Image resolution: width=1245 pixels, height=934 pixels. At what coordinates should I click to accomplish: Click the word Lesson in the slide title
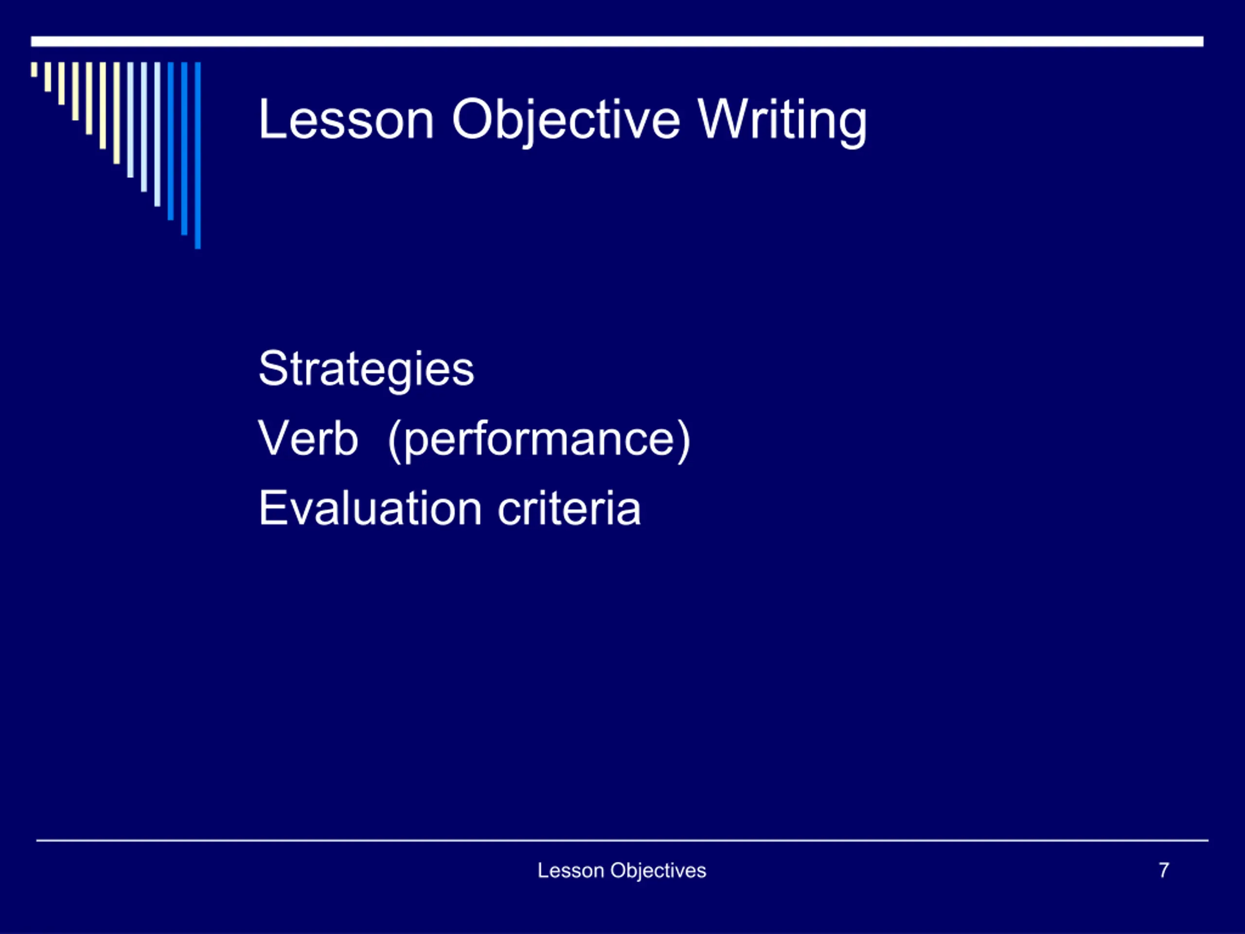pos(346,119)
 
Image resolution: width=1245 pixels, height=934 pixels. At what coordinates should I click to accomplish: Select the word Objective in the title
pos(566,122)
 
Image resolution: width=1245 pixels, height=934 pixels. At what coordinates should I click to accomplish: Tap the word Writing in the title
pos(782,122)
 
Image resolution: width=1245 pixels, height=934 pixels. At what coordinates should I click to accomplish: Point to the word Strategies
pos(366,369)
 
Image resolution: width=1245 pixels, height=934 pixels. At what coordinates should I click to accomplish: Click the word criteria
pos(569,508)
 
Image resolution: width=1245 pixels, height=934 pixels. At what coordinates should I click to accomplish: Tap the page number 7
pos(1164,870)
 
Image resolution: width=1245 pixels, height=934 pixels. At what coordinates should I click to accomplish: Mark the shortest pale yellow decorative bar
pos(35,69)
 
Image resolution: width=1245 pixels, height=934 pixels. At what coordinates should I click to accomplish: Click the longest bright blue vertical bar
pos(197,155)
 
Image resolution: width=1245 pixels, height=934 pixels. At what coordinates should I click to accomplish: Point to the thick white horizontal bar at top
pos(617,42)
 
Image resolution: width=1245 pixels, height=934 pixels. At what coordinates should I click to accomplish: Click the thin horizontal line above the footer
pos(622,841)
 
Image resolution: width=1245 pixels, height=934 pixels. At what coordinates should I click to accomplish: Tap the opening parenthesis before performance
pos(394,441)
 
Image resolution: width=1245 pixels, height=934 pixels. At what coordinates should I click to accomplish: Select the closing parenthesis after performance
pos(684,441)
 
